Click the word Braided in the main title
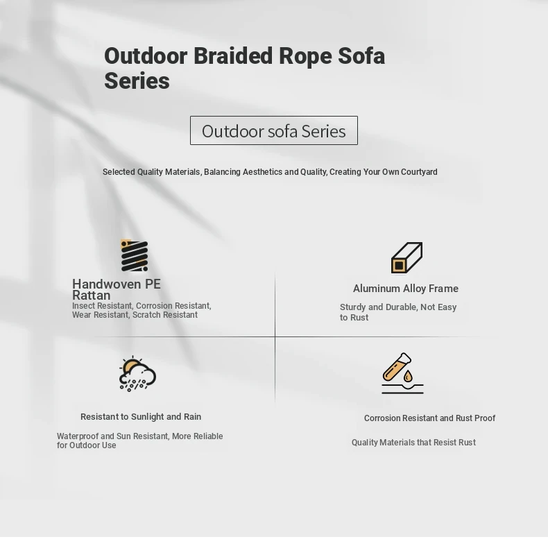pos(233,56)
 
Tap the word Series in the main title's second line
pos(137,81)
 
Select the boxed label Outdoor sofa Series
pos(273,130)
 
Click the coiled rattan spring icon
pos(134,255)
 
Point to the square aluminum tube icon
pos(406,257)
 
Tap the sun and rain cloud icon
pos(137,374)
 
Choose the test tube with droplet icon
pos(402,373)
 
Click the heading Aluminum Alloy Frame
pos(405,289)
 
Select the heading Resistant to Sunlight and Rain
pos(141,417)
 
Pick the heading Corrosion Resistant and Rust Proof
pos(429,418)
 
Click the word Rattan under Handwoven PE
pos(91,296)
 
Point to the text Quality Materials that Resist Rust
pos(413,443)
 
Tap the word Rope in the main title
pos(305,57)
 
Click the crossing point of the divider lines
pos(275,337)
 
